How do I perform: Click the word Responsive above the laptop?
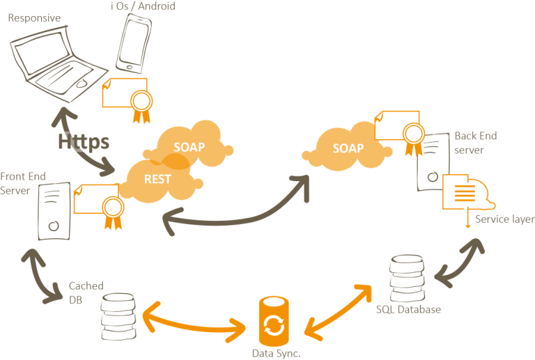pos(33,18)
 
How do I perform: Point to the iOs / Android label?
pos(142,6)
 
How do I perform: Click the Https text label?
pos(84,141)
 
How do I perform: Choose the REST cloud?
pos(157,179)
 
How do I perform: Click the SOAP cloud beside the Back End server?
pos(348,148)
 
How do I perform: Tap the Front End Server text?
pos(22,183)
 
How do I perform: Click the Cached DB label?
pos(86,292)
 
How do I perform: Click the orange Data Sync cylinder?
pos(273,322)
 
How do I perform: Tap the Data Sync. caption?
pos(276,353)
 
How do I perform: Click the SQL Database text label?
pos(408,309)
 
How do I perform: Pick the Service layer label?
pos(504,219)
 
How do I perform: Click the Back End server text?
pos(475,143)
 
